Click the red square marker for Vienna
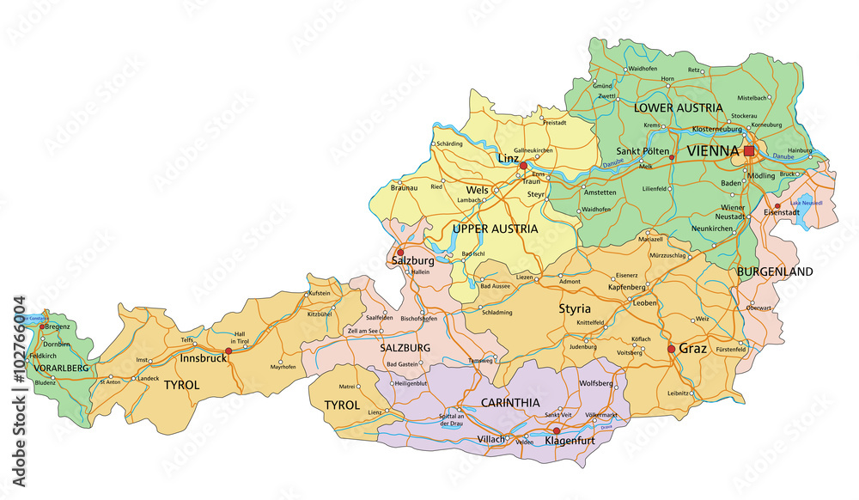click(x=749, y=150)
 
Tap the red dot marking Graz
click(x=671, y=349)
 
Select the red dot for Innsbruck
click(x=228, y=351)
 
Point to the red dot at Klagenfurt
click(x=556, y=430)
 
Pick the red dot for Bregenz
click(x=41, y=326)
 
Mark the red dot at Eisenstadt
click(x=777, y=206)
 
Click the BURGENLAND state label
click(x=774, y=271)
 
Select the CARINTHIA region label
click(x=510, y=402)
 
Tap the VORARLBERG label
click(x=61, y=368)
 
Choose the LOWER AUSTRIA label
click(x=678, y=108)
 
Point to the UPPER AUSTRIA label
click(x=495, y=229)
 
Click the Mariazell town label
click(x=649, y=239)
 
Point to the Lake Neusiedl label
click(x=806, y=203)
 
